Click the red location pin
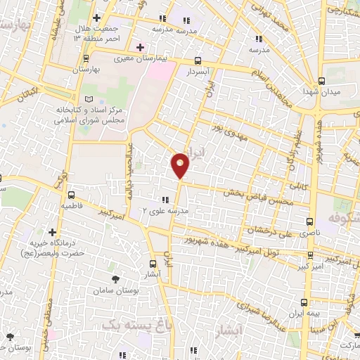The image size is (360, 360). pos(180,165)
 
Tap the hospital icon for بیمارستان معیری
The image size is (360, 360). pos(141,47)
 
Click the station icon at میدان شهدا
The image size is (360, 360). pos(321,80)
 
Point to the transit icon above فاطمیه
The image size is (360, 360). pos(70,195)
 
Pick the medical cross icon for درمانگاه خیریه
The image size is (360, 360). pos(53,231)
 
